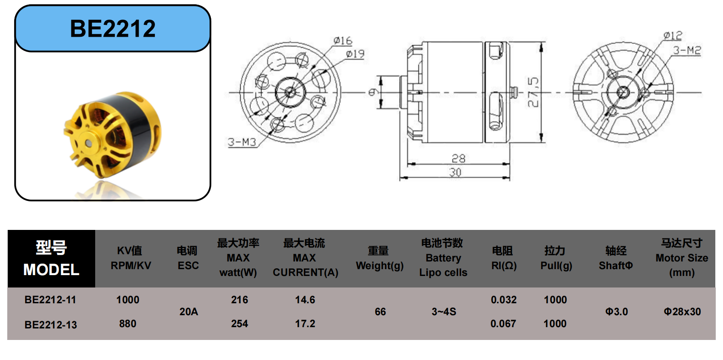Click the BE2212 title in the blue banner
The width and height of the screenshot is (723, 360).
113,29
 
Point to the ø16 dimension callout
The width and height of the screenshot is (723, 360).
343,41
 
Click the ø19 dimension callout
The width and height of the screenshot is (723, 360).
355,54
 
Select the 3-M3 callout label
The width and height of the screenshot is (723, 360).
242,142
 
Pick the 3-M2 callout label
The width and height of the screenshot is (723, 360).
687,50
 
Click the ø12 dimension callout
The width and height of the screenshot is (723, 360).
673,36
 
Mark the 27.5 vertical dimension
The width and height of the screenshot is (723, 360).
534,92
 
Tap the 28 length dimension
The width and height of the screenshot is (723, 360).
458,158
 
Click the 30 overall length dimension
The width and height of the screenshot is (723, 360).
455,172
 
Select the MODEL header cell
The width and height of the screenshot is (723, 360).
51,258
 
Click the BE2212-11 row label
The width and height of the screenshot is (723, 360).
50,300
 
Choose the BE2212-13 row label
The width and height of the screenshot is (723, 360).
51,325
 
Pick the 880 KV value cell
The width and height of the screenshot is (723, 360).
128,324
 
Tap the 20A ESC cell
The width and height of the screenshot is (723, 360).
189,312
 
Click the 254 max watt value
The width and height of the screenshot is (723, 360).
239,324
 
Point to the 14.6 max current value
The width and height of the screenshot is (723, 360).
305,300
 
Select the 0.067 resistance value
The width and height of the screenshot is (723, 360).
503,324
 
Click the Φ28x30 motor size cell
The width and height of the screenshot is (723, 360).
682,312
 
